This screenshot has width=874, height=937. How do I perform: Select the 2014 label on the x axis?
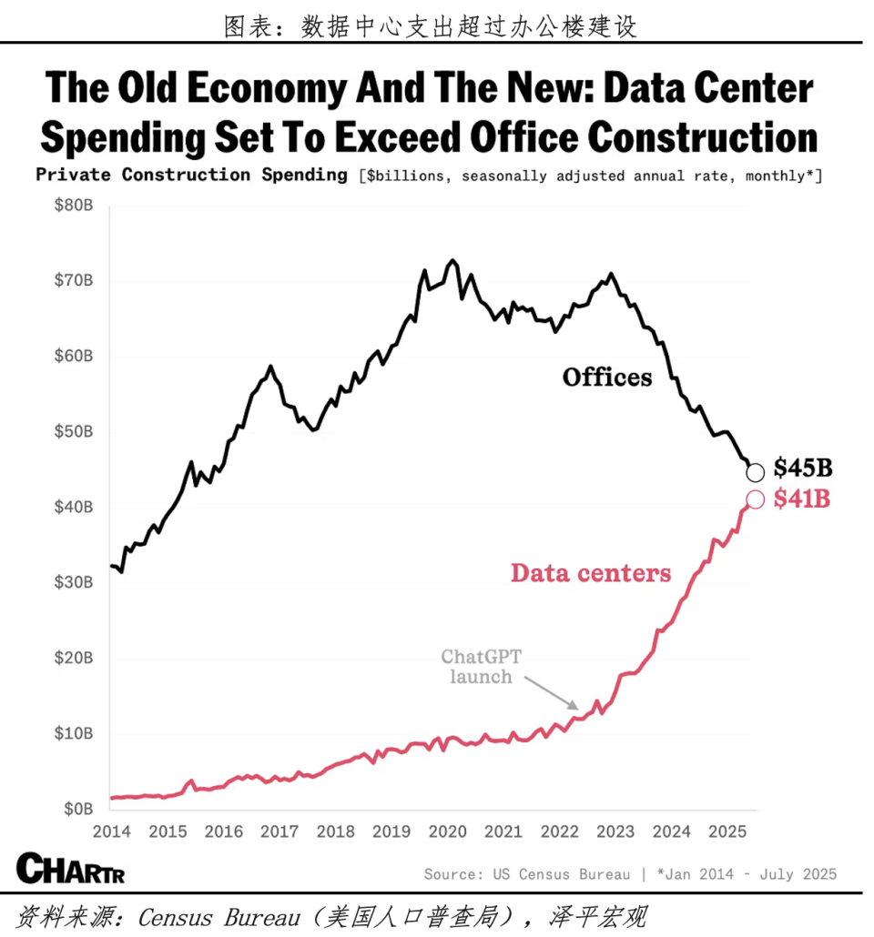point(111,831)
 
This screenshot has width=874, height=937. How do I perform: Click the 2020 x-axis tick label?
point(447,831)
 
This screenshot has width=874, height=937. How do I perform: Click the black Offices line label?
point(607,377)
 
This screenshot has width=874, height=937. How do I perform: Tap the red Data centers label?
point(591,572)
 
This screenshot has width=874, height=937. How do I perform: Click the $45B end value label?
point(803,468)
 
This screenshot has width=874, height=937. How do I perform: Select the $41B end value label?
point(802,499)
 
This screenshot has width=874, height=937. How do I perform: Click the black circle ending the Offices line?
point(755,472)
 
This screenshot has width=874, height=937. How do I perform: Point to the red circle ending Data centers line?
point(755,499)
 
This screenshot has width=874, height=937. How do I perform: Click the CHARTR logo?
point(70,869)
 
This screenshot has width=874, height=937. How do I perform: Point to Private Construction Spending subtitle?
point(191,176)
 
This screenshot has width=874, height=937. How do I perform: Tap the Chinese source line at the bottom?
point(331,916)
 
